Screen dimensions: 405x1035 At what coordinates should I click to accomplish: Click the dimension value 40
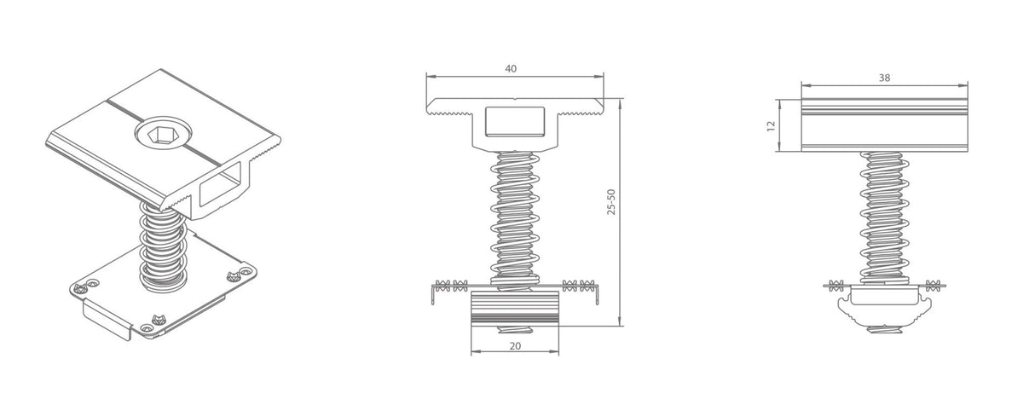511,68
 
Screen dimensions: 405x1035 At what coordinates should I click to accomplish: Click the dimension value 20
515,345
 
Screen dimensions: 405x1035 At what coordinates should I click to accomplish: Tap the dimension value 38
884,78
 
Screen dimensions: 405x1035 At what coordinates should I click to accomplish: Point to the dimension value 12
771,125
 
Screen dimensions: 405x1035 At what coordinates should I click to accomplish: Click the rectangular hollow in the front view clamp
514,121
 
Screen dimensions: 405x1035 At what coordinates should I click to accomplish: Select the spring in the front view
514,217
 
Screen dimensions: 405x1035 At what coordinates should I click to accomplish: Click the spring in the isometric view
161,247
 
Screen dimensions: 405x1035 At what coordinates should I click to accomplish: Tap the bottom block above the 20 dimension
515,308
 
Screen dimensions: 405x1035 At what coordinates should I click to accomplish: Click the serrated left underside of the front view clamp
448,112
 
